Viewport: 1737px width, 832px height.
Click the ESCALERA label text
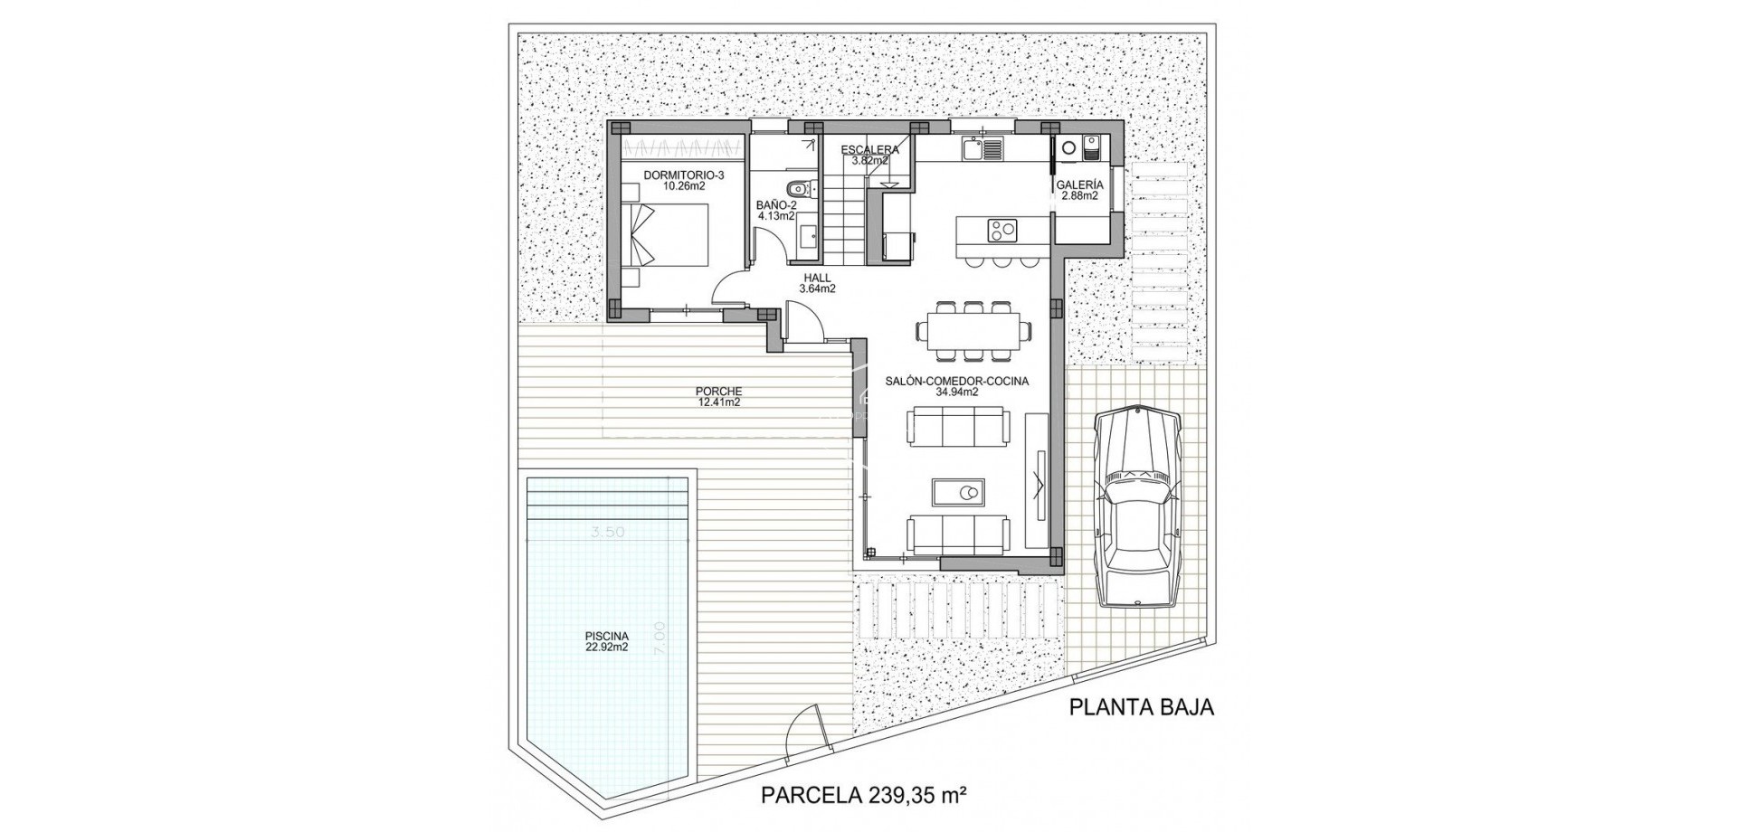[x=869, y=150]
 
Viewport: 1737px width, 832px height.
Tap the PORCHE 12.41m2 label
[x=718, y=397]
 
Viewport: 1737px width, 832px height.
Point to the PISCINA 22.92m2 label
[x=606, y=641]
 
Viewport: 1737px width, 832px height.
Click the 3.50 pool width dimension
[x=608, y=533]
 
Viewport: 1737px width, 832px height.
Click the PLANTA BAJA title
[x=1141, y=707]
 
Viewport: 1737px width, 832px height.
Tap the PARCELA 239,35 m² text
[x=865, y=796]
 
